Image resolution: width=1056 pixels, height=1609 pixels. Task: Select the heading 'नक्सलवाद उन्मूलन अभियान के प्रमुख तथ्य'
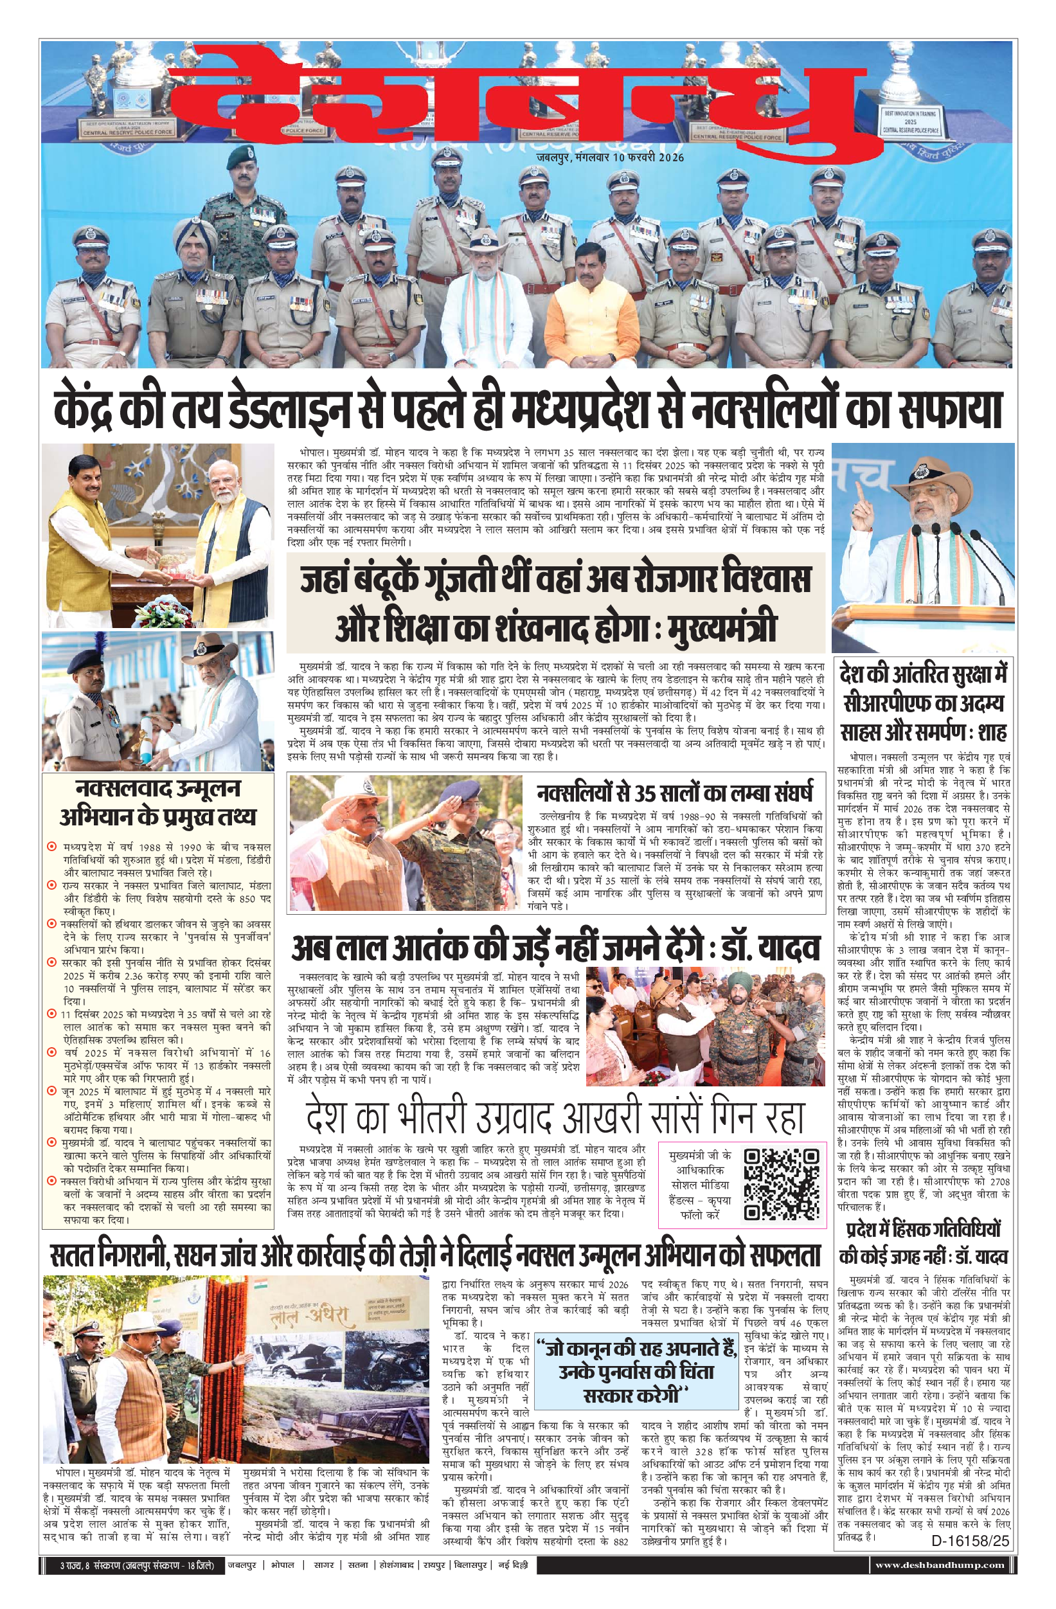point(158,802)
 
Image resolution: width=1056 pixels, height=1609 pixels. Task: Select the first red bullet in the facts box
point(51,847)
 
